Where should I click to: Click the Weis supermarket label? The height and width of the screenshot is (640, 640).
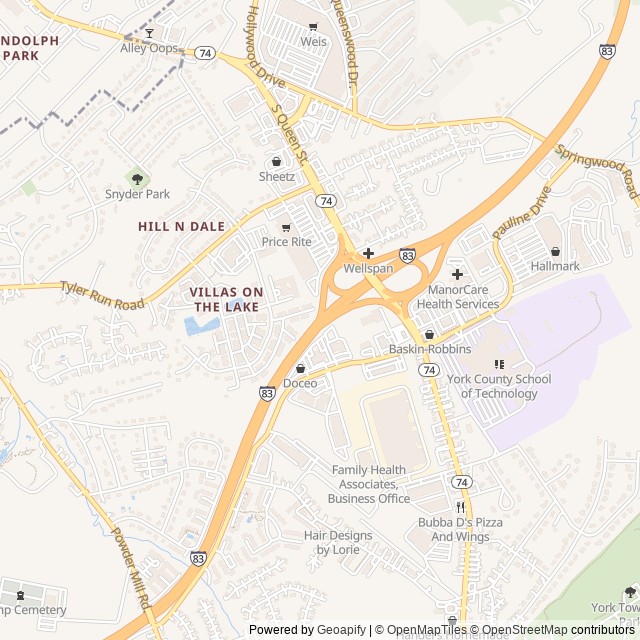tap(314, 42)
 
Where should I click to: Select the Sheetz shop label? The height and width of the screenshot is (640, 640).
tap(277, 177)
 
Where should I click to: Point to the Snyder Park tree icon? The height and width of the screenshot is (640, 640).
tap(137, 178)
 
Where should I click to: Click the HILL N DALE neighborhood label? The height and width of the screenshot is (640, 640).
tap(181, 227)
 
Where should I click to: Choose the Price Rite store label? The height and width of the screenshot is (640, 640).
tap(287, 242)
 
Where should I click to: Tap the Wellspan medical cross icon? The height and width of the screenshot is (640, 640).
tap(368, 254)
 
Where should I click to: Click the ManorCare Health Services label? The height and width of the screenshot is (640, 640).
tap(457, 297)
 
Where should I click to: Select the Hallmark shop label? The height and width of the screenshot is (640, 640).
tap(555, 266)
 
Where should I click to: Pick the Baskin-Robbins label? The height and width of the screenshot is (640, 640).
tap(430, 349)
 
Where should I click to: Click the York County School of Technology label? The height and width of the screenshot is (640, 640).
tap(505, 386)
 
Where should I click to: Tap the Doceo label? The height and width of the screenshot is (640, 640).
tap(300, 383)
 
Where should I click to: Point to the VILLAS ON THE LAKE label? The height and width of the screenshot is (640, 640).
tap(226, 299)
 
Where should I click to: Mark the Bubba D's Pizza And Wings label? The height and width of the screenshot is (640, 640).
tap(461, 530)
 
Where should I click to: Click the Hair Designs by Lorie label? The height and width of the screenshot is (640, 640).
tap(338, 542)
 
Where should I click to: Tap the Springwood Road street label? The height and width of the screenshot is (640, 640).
tap(596, 171)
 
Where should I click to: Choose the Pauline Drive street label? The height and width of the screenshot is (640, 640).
tap(520, 212)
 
